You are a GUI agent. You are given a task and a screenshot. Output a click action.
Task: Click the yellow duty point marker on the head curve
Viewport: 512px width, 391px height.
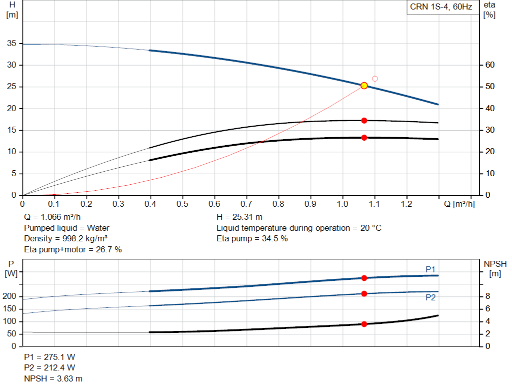tap(364, 86)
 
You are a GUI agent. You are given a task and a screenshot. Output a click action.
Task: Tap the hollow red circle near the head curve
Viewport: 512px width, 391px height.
tap(375, 79)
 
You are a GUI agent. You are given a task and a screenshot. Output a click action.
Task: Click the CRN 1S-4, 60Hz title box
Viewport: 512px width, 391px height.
tap(441, 7)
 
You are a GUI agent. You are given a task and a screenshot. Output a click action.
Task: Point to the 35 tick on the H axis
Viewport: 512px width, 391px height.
tap(12, 43)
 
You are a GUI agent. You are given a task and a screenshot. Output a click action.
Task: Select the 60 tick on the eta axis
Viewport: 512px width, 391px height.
tap(490, 65)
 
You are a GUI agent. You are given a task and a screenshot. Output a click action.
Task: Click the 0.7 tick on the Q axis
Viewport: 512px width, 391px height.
tap(246, 204)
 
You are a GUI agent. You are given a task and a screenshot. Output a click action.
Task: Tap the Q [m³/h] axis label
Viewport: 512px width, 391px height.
tap(459, 204)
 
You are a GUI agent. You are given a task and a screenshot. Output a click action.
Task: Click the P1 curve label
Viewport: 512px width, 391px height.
tap(430, 269)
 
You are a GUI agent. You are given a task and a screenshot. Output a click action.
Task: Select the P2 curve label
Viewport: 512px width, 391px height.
tap(430, 297)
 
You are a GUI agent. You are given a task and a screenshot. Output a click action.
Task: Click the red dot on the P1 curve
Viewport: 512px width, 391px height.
tap(364, 278)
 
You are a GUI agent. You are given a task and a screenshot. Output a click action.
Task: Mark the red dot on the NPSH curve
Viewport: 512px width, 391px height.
tap(364, 324)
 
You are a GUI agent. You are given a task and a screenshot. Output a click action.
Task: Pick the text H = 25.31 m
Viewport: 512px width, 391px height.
tap(239, 217)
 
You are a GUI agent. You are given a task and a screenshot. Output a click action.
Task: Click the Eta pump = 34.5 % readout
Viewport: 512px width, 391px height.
tap(252, 239)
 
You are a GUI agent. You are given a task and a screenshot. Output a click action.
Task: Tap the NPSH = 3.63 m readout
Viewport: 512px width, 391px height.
tap(53, 378)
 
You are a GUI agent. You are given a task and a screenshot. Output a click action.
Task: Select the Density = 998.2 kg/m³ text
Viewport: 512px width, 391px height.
tap(65, 239)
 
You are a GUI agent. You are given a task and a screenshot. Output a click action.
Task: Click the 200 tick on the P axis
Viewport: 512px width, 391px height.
tap(9, 296)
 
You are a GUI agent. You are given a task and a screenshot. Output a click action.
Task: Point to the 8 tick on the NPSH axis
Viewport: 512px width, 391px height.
tap(487, 296)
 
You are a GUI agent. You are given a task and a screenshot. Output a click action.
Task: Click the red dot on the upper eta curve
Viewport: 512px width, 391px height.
tap(364, 121)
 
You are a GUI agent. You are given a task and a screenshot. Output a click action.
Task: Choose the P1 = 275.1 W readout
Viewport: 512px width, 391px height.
tap(49, 357)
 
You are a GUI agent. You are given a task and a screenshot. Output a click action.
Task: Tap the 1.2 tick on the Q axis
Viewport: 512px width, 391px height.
tap(406, 204)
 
